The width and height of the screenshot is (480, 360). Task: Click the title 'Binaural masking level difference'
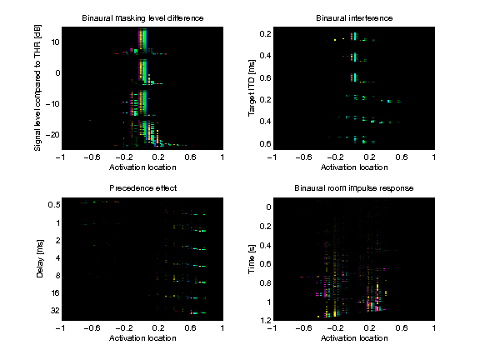(141, 17)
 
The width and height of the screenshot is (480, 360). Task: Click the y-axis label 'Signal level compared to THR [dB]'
(38, 87)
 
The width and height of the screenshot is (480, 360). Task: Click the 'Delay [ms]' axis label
(38, 258)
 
